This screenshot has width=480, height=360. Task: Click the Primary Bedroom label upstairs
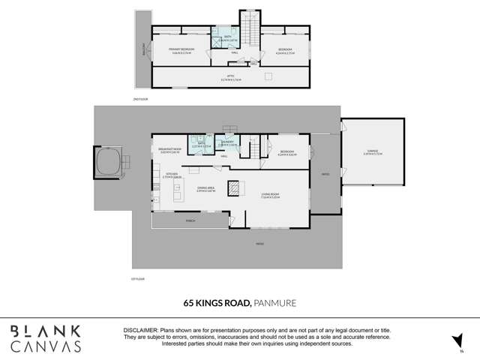tap(172, 49)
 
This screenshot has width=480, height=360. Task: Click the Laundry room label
tap(227, 142)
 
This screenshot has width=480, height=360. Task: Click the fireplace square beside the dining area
tap(235, 187)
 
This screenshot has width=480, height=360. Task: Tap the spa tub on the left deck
tap(109, 160)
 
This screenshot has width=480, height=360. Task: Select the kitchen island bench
tap(178, 195)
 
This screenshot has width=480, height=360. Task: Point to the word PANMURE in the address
tap(274, 303)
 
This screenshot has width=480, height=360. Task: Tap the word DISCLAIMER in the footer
tap(140, 330)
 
